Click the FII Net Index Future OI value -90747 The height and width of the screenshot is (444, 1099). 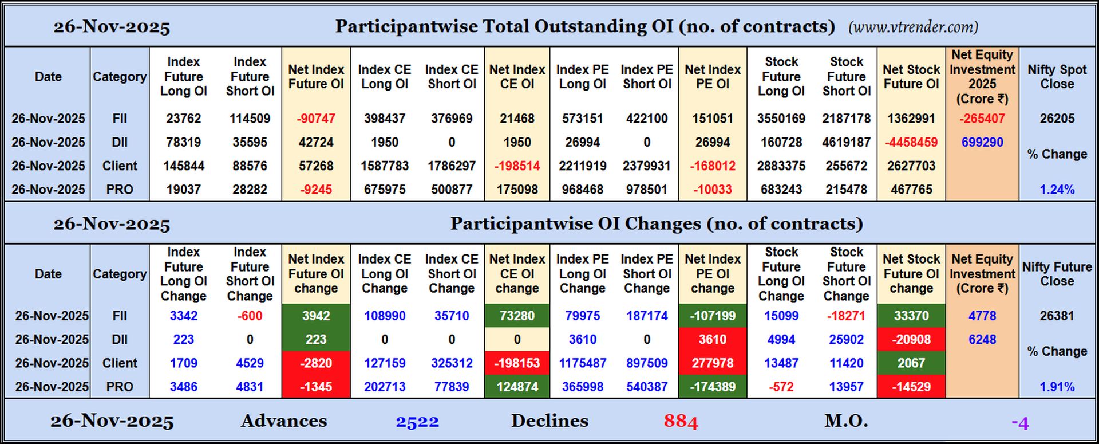tap(316, 119)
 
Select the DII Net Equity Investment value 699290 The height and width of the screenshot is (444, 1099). tap(982, 142)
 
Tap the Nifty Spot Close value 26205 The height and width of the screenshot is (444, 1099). tap(1057, 119)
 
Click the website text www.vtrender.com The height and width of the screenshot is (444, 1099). tap(913, 27)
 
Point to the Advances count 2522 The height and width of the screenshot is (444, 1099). tap(417, 422)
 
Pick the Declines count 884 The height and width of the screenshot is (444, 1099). tap(681, 422)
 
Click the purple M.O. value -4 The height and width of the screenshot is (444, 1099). tap(1020, 423)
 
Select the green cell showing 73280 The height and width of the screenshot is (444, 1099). tap(517, 316)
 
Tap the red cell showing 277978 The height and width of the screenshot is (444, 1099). tap(713, 363)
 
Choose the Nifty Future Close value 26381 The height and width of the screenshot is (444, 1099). tap(1057, 316)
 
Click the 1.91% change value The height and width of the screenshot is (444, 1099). tap(1057, 387)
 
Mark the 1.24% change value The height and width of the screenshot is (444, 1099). tap(1057, 190)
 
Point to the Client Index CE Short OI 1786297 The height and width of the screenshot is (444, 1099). tap(452, 166)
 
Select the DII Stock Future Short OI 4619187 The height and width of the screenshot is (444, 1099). tap(847, 142)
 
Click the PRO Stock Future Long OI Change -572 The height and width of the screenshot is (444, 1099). tap(781, 387)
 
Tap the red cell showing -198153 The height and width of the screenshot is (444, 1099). tap(517, 363)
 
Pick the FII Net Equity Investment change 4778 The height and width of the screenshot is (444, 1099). tap(982, 316)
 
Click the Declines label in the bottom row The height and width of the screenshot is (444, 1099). tap(549, 421)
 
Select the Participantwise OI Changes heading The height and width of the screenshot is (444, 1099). tap(657, 223)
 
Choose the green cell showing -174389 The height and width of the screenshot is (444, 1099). tap(713, 387)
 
